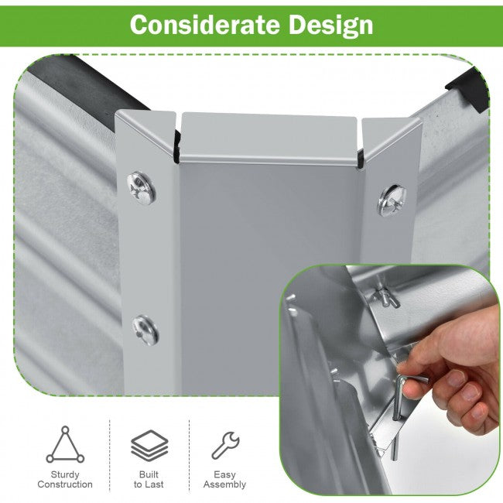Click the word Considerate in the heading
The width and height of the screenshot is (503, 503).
click(204, 25)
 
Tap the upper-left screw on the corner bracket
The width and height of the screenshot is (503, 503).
click(142, 188)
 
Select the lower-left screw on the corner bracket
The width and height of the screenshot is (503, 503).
click(145, 330)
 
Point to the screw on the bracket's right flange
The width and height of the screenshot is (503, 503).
click(392, 200)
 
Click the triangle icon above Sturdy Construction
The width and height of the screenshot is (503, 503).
click(65, 444)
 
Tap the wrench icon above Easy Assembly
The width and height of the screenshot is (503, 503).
click(225, 445)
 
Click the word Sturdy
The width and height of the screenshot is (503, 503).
click(65, 474)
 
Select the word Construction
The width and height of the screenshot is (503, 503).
click(65, 484)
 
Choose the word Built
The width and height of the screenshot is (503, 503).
click(149, 474)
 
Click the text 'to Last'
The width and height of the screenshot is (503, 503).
click(149, 484)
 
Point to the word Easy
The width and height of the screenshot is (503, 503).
click(224, 475)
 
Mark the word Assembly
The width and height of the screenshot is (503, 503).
click(224, 484)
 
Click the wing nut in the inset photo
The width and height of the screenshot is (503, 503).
click(385, 296)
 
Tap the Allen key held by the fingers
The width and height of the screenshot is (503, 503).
click(399, 398)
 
